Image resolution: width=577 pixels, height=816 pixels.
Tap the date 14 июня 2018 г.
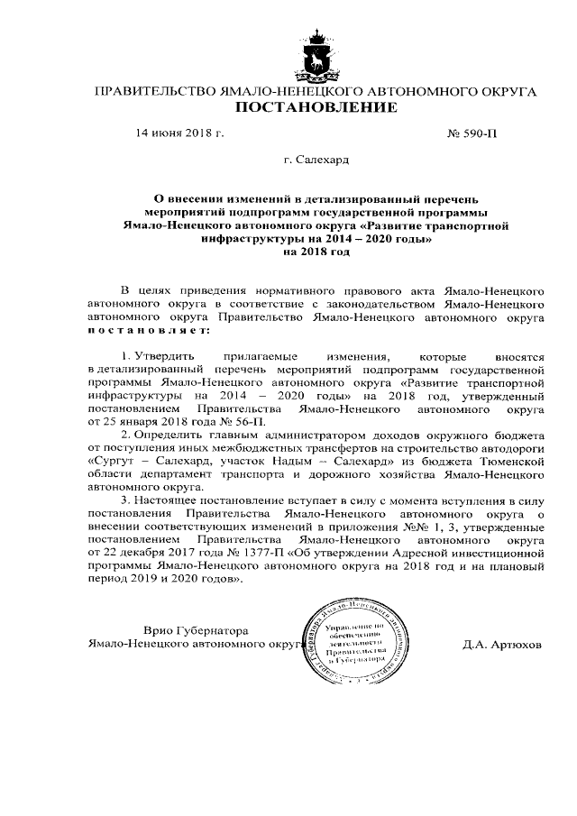tap(179, 134)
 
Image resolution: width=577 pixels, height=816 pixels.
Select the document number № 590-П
tap(472, 134)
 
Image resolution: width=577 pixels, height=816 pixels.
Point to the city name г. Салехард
tap(316, 162)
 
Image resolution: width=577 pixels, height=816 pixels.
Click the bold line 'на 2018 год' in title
tap(316, 253)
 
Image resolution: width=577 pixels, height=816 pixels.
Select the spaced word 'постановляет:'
tap(146, 333)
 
